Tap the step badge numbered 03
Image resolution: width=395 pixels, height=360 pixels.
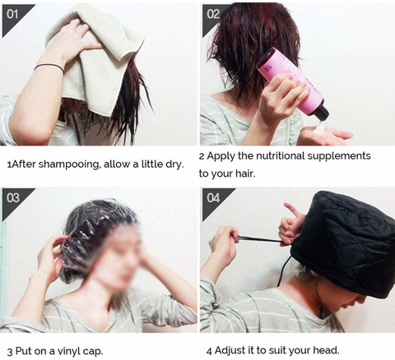tap(13, 198)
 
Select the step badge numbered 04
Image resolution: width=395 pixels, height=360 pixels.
tap(213, 198)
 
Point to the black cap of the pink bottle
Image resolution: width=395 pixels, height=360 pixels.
tap(320, 113)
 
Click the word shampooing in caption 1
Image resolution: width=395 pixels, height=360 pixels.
tap(67, 164)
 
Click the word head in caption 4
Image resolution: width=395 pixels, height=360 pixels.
tap(323, 350)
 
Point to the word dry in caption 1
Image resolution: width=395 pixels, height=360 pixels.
tap(172, 164)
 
